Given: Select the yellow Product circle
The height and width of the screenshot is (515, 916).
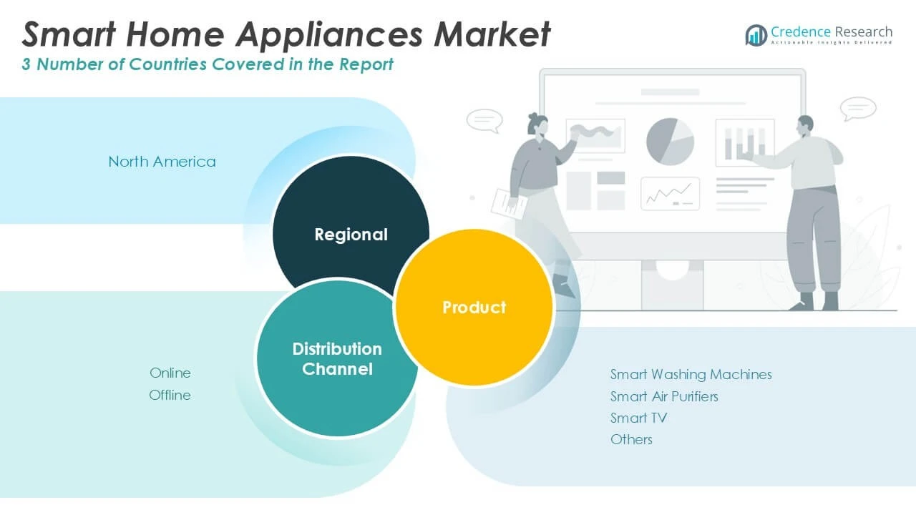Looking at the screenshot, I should click(x=474, y=308).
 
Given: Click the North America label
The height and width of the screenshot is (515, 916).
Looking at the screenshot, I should click(x=162, y=162).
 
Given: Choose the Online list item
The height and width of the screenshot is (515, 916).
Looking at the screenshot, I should click(x=170, y=373).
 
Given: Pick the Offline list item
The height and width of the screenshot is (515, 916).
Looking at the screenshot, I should click(x=170, y=395).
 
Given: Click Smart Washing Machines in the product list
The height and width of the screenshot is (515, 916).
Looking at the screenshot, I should click(x=691, y=374).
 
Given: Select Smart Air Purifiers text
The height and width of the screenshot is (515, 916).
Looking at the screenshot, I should click(x=664, y=396).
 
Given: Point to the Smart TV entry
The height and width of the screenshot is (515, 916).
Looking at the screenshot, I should click(x=638, y=418).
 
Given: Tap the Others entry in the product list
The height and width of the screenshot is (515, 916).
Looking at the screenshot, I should click(x=631, y=439).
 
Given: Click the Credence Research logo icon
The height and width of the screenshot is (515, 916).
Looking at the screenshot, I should click(x=756, y=34).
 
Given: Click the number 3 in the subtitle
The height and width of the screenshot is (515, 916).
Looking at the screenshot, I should click(x=26, y=64).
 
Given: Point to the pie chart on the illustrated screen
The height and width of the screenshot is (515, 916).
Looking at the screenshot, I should click(x=670, y=142).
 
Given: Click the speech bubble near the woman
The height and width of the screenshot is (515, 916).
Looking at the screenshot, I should click(x=484, y=120).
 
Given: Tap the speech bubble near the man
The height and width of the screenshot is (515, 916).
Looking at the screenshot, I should click(x=858, y=109).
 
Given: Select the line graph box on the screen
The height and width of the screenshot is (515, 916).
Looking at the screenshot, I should click(x=670, y=194).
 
